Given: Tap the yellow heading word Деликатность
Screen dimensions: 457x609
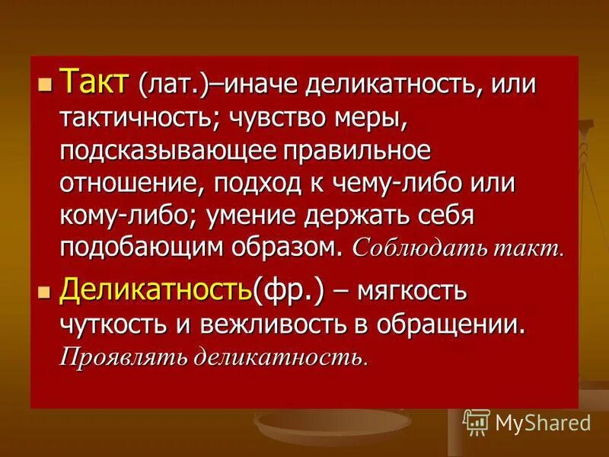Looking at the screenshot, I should [x=155, y=289].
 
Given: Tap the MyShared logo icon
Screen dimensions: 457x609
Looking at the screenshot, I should [x=477, y=421].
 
